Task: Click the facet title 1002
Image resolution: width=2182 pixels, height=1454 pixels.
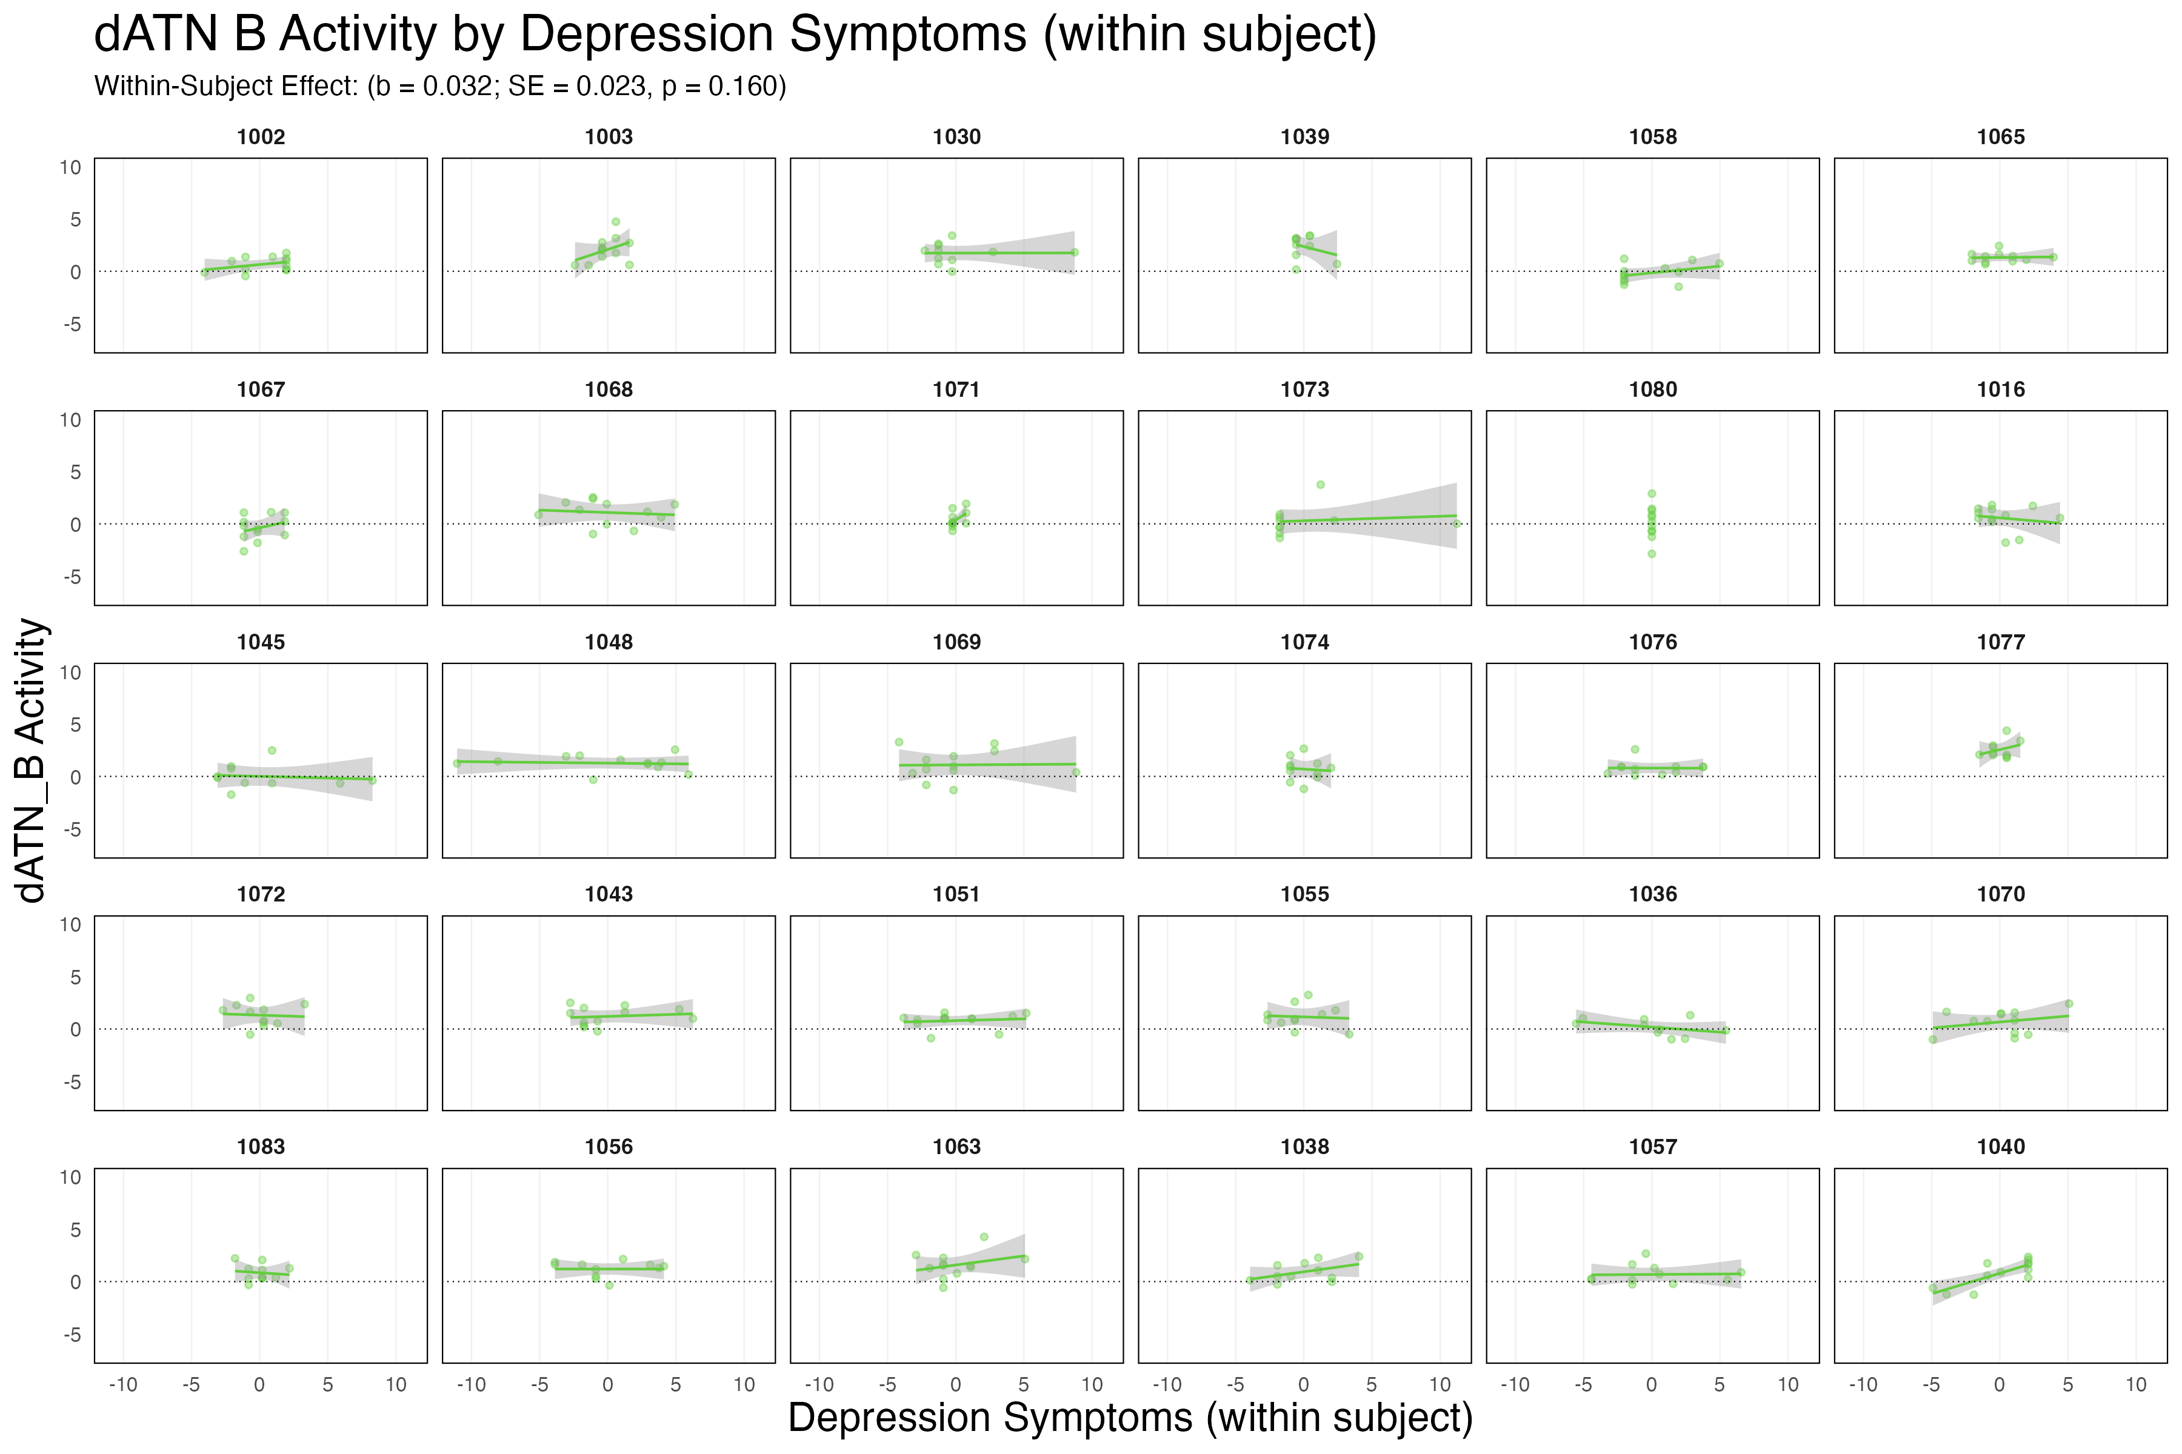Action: [261, 138]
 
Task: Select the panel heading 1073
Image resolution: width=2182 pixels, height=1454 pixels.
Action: [1304, 390]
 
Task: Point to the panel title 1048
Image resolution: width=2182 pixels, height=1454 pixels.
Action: [609, 642]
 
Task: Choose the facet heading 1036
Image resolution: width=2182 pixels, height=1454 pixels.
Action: [1652, 894]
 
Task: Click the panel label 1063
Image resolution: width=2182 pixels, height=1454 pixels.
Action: [956, 1147]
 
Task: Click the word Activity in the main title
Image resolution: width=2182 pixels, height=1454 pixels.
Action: [357, 35]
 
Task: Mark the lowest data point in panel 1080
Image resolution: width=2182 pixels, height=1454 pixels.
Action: [1651, 554]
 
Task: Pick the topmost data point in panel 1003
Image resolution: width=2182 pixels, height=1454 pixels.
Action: [615, 222]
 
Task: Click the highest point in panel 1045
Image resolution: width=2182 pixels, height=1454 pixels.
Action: [272, 750]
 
